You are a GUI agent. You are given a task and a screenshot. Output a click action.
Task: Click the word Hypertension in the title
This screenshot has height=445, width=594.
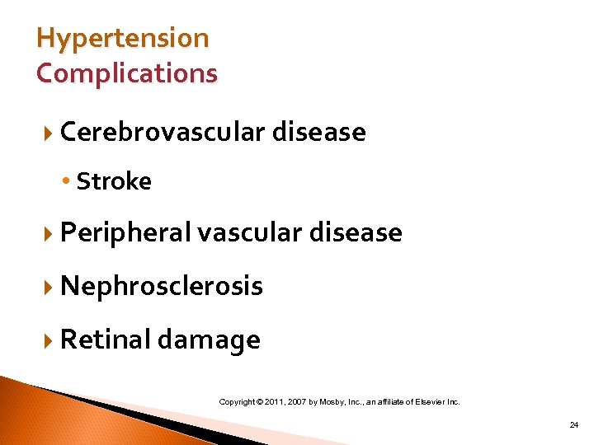[x=123, y=39]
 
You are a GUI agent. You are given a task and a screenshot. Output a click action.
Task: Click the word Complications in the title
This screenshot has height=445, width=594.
[x=127, y=73]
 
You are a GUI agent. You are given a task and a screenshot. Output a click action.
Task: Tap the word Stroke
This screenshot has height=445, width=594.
[x=114, y=181]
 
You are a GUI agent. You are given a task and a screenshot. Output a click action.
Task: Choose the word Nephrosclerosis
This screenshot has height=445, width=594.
[x=162, y=286]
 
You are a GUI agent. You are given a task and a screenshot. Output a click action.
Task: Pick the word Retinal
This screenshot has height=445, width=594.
[x=105, y=340]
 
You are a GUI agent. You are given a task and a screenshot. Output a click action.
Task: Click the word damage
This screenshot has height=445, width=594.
[x=209, y=340]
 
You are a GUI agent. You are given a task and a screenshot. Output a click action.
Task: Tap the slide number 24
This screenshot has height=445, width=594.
[x=573, y=424]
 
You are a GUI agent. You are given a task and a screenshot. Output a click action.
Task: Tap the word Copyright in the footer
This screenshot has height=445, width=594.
[x=238, y=402]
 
